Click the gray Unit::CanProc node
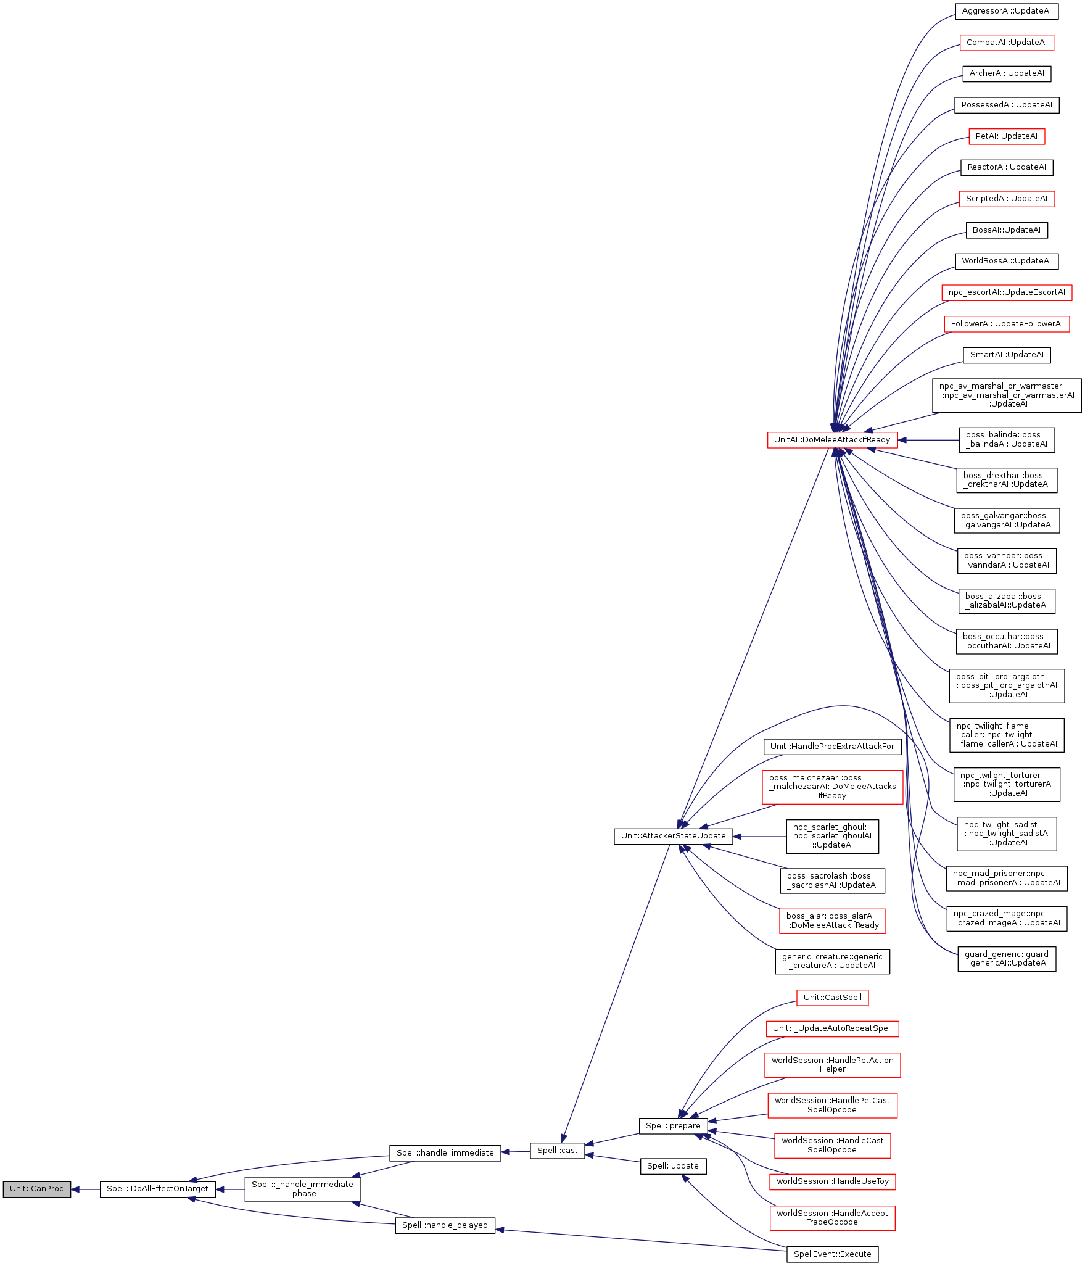(36, 1189)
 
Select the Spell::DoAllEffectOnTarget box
(157, 1189)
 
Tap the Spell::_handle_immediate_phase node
(302, 1189)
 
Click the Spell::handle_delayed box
(445, 1225)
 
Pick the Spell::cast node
(557, 1150)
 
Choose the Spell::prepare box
(673, 1125)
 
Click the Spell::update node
(673, 1165)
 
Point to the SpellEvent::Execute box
(832, 1254)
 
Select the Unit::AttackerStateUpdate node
(673, 836)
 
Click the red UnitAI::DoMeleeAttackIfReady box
(832, 440)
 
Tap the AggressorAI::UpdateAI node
(1006, 11)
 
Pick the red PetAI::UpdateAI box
(1006, 136)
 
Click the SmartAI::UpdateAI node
(1006, 355)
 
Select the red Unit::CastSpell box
(832, 997)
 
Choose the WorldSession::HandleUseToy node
(832, 1181)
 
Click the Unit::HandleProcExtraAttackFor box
(832, 746)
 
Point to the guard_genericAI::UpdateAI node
(1006, 958)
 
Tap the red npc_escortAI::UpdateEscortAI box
(1006, 292)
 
